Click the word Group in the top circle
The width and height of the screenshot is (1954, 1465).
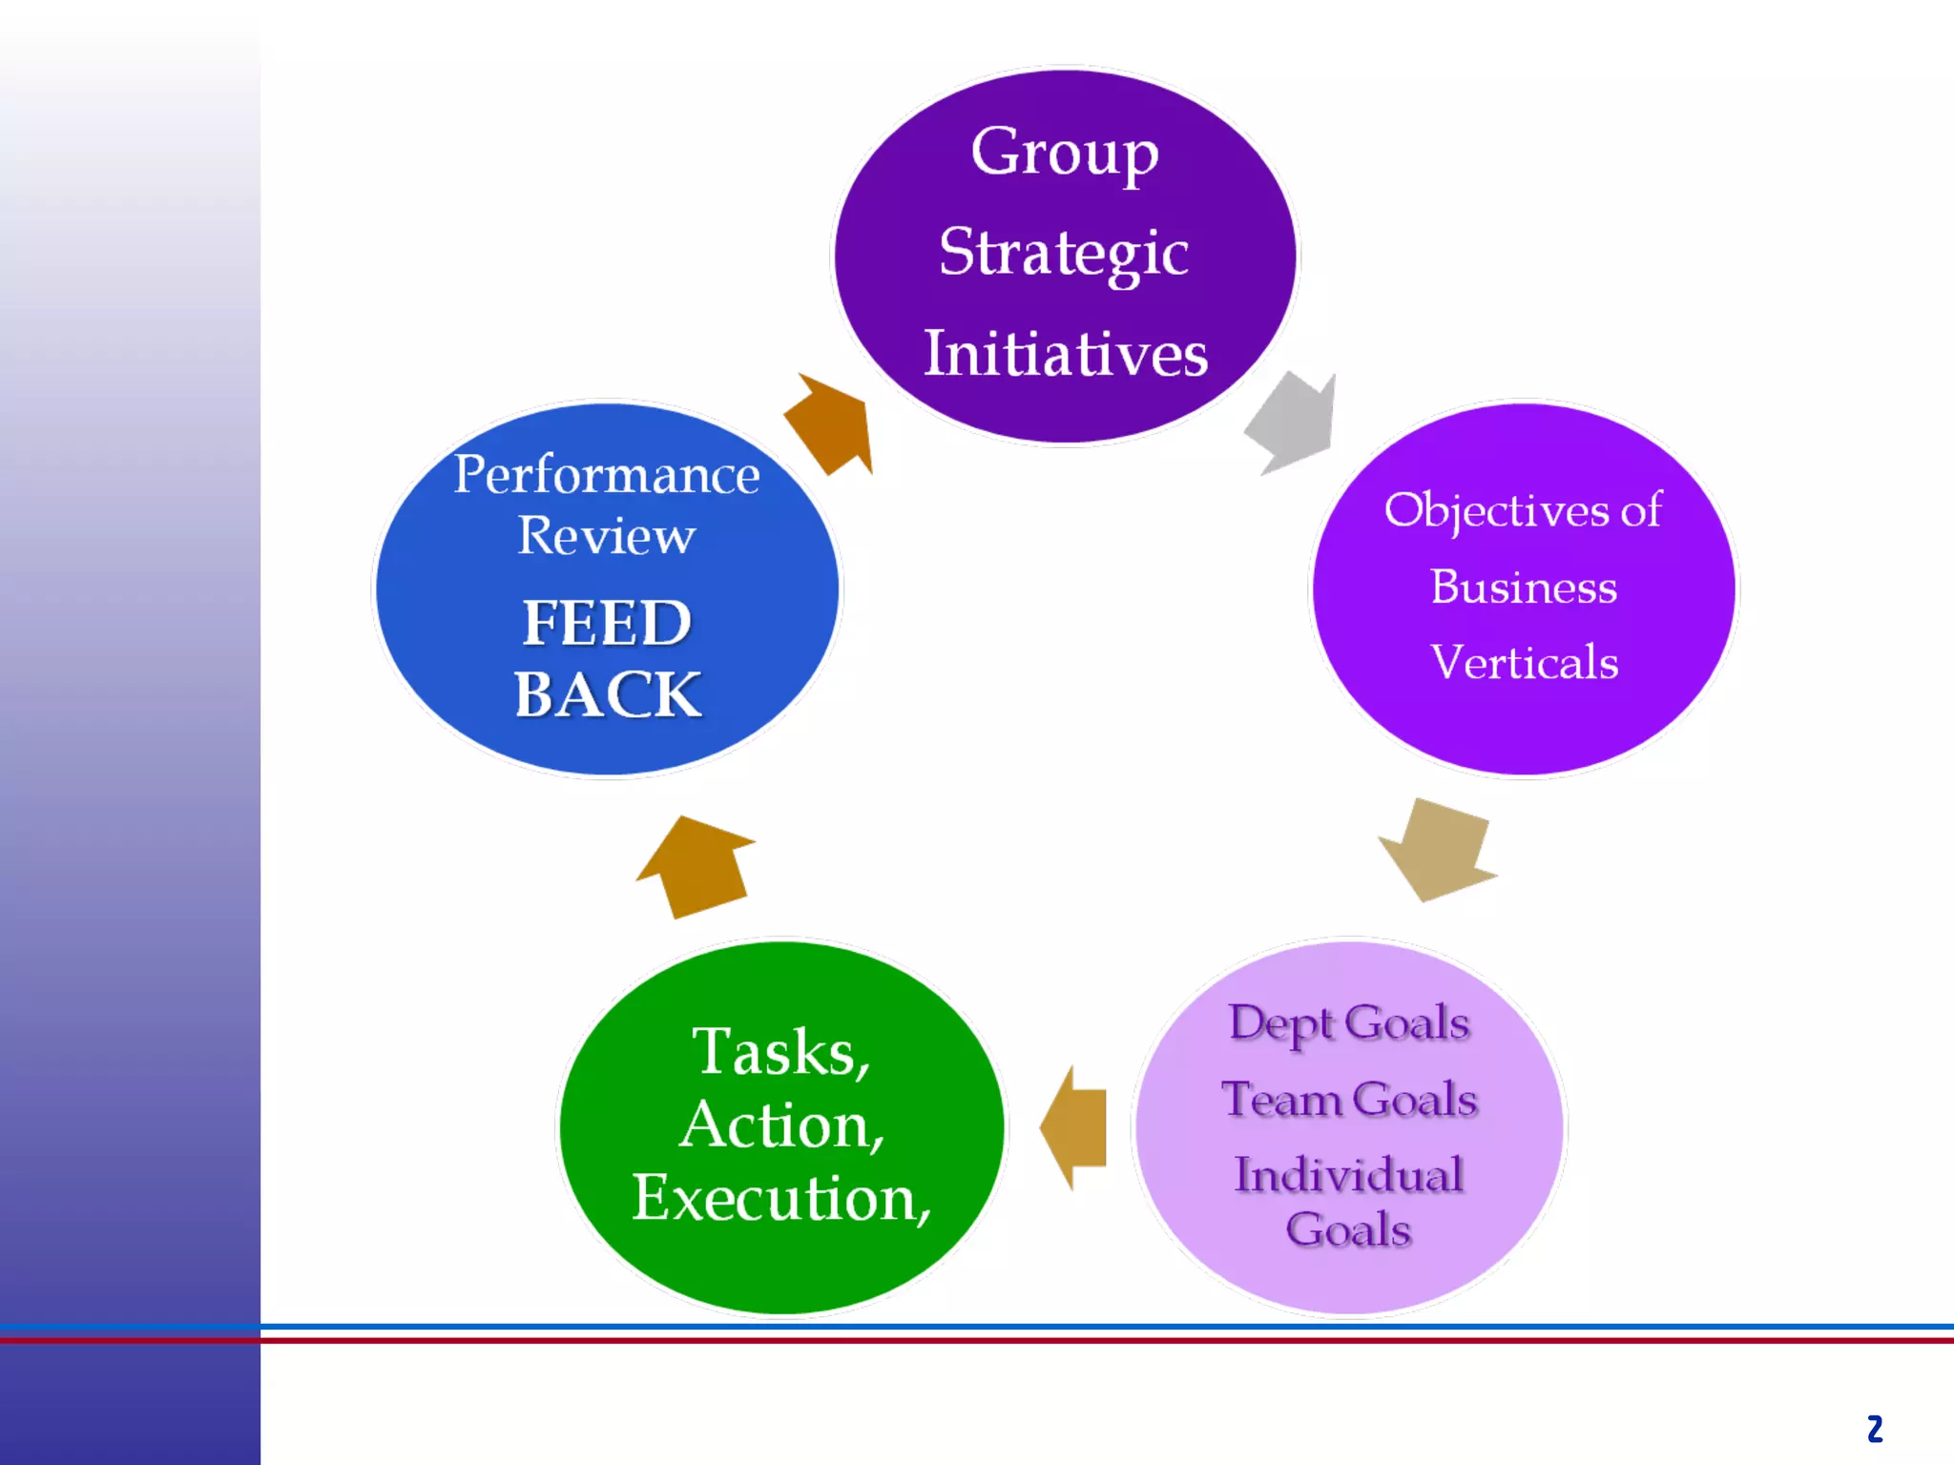pyautogui.click(x=1064, y=154)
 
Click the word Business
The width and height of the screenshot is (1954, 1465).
pyautogui.click(x=1524, y=587)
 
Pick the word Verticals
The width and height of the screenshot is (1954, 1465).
pyautogui.click(x=1524, y=663)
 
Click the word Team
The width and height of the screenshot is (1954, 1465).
pyautogui.click(x=1280, y=1100)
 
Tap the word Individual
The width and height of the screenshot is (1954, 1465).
pyautogui.click(x=1348, y=1175)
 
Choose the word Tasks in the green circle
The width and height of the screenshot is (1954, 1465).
pyautogui.click(x=773, y=1052)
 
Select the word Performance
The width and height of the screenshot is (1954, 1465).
pyautogui.click(x=607, y=475)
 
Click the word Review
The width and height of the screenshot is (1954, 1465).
pyautogui.click(x=607, y=536)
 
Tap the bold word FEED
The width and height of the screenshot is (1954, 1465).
pyautogui.click(x=607, y=624)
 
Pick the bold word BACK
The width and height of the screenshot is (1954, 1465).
pyautogui.click(x=607, y=694)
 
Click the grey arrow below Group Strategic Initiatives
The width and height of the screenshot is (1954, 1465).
pyautogui.click(x=1293, y=421)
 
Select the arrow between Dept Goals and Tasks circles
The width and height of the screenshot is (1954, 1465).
pyautogui.click(x=1075, y=1127)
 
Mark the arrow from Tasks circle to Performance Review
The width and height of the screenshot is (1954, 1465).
pyautogui.click(x=697, y=866)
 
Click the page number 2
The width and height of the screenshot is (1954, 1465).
pyautogui.click(x=1874, y=1429)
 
